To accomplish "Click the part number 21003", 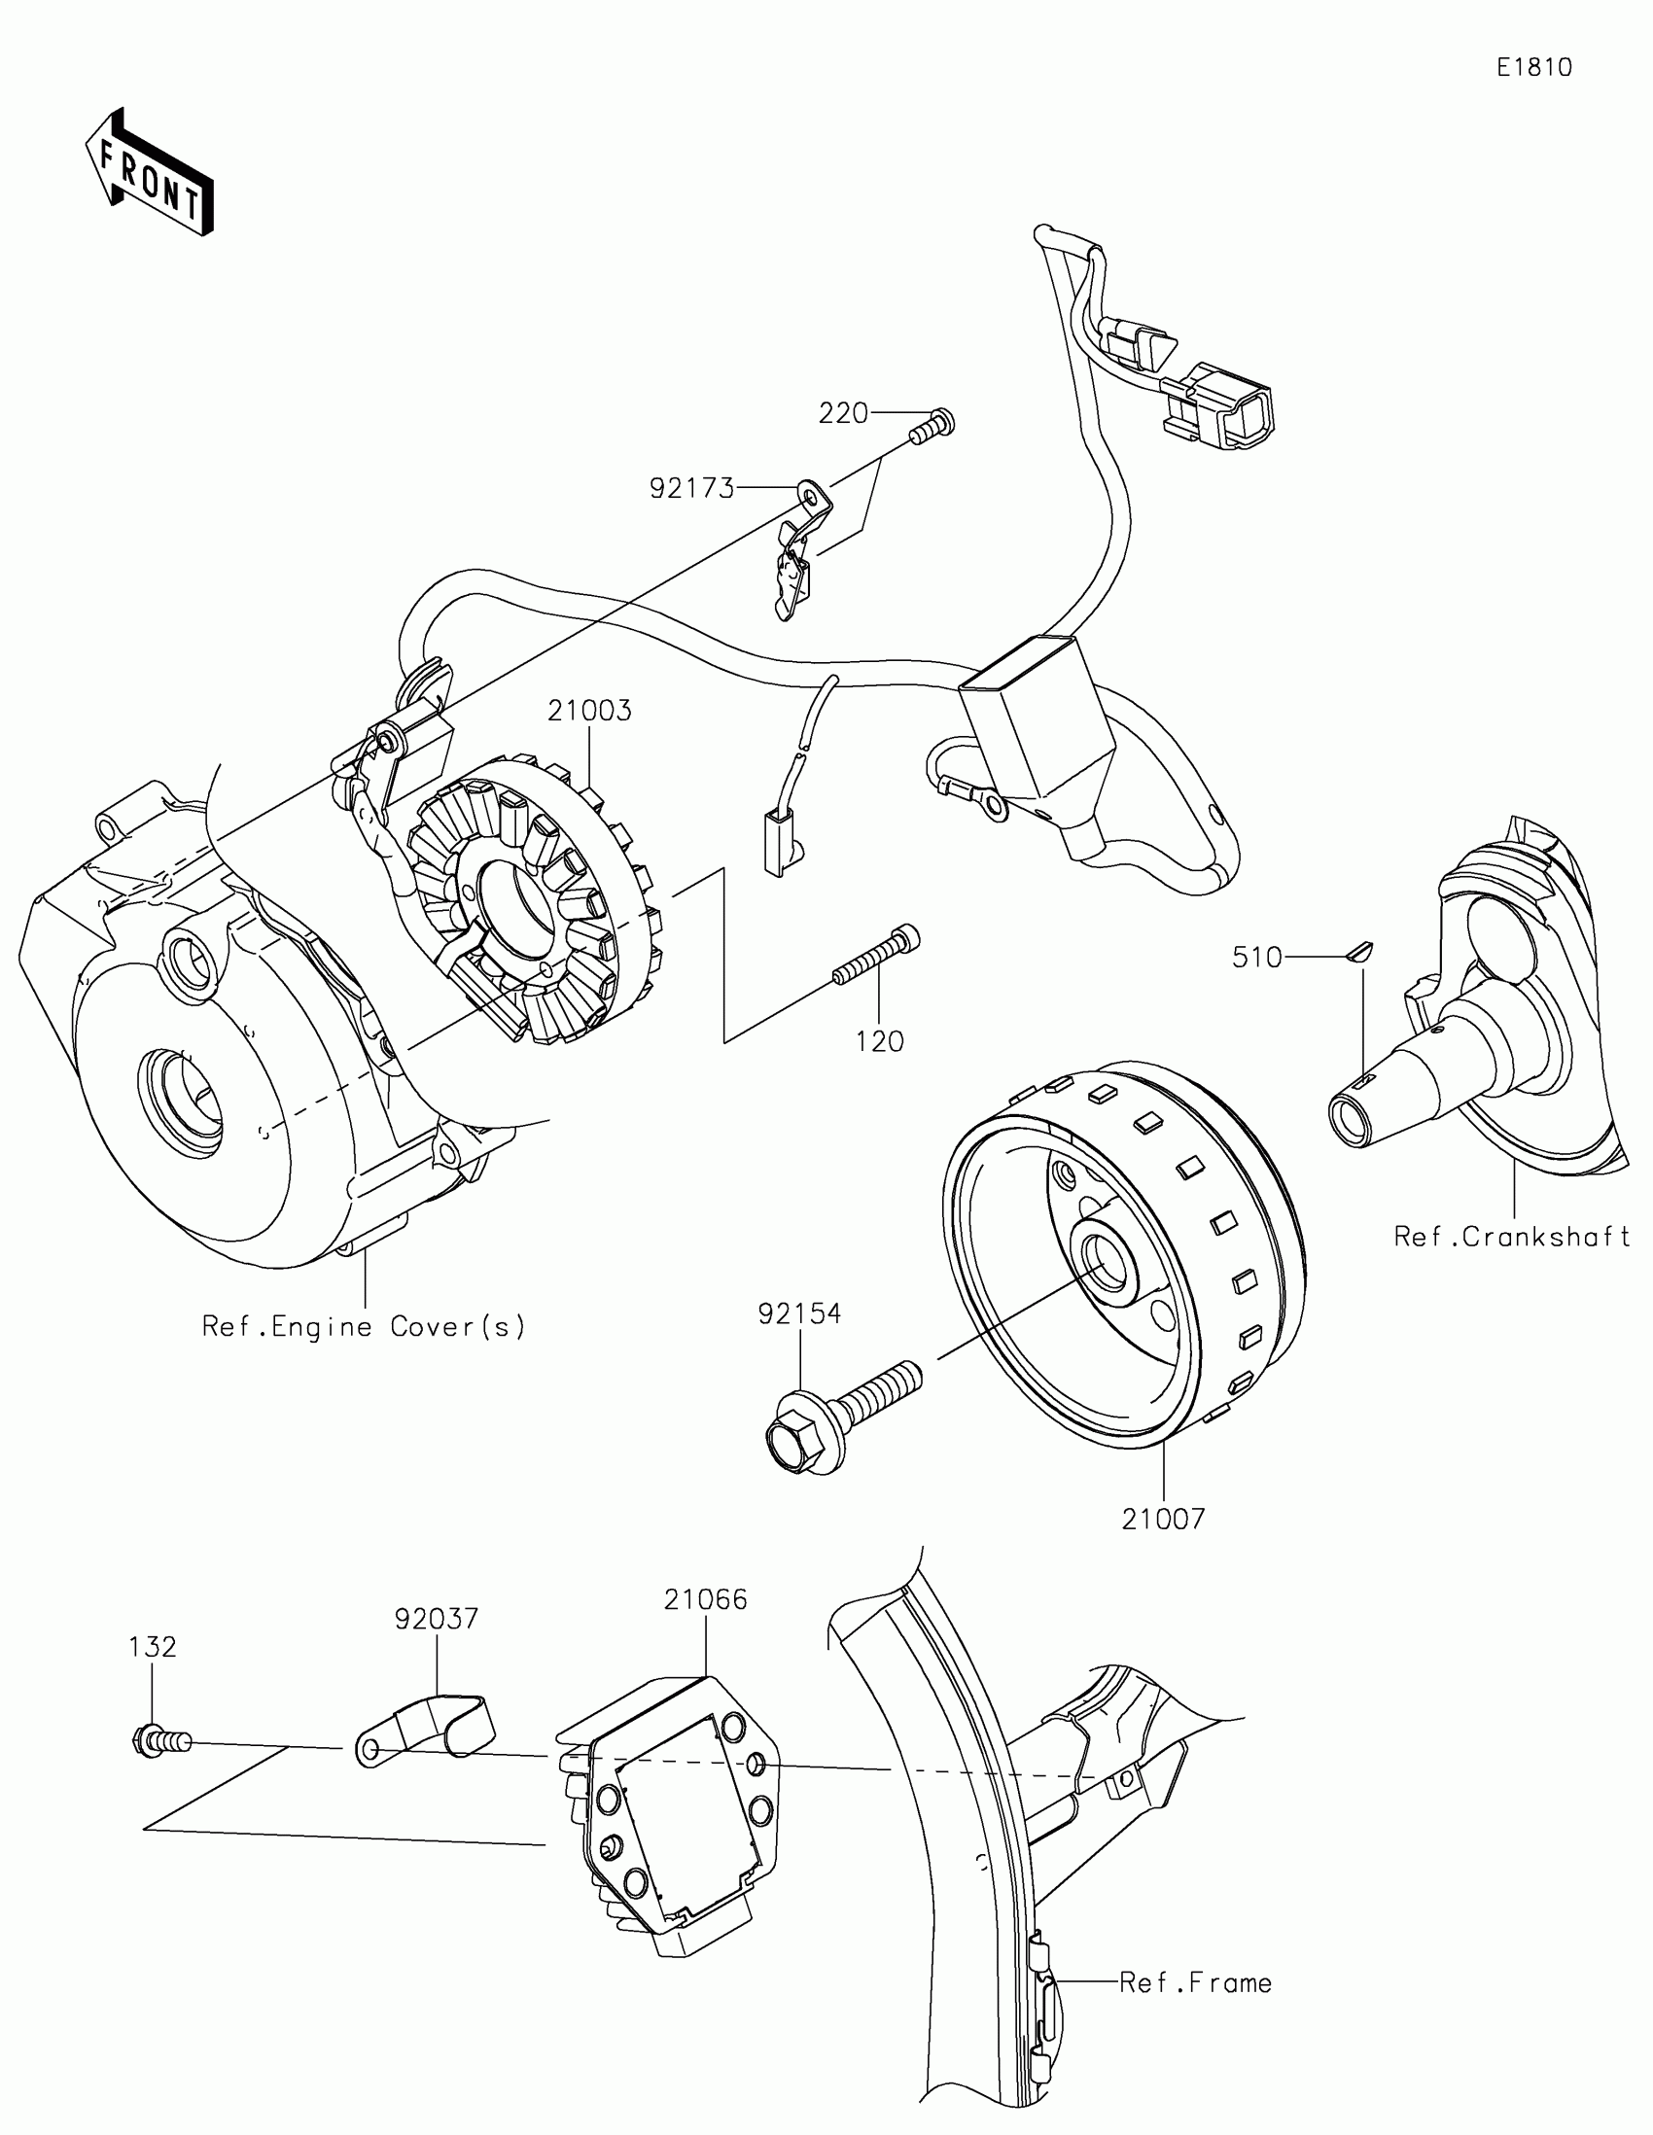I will point(589,711).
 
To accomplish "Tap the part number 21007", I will point(1163,1520).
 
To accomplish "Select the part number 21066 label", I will point(705,1600).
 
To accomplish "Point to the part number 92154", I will point(798,1313).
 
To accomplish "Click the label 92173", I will point(692,488).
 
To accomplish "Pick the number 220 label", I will point(843,413).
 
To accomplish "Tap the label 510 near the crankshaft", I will point(1256,957).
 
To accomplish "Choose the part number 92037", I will point(436,1619).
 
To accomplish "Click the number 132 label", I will point(153,1647).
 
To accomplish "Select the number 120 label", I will point(880,1042).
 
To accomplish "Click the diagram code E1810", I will point(1534,67).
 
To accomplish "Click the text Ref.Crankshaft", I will point(1511,1237).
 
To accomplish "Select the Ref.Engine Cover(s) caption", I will point(364,1326).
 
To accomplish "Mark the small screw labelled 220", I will point(931,427).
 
